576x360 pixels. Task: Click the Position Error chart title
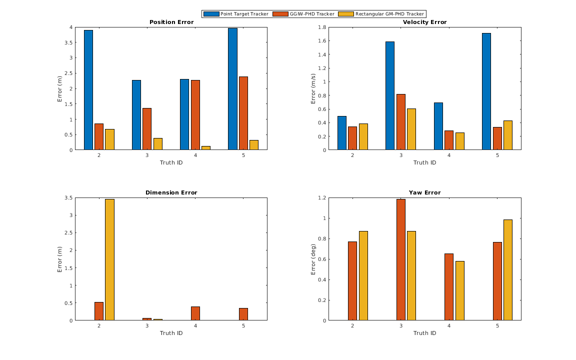pos(171,22)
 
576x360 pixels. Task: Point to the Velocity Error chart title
pos(424,22)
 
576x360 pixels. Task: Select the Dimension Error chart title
pos(171,192)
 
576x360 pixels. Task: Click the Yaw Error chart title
pos(424,192)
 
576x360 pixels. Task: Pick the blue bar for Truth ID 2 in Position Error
pos(88,90)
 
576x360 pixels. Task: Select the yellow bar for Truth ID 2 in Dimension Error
pos(109,259)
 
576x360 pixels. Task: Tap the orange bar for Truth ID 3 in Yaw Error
pos(400,259)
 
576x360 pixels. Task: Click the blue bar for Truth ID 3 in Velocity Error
pos(390,95)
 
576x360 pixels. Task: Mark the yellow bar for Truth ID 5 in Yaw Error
pos(508,270)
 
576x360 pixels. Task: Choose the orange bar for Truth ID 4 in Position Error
pos(195,115)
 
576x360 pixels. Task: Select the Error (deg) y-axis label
pos(313,259)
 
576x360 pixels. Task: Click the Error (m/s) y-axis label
pos(313,88)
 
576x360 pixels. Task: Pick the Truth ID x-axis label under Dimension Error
pos(171,333)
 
